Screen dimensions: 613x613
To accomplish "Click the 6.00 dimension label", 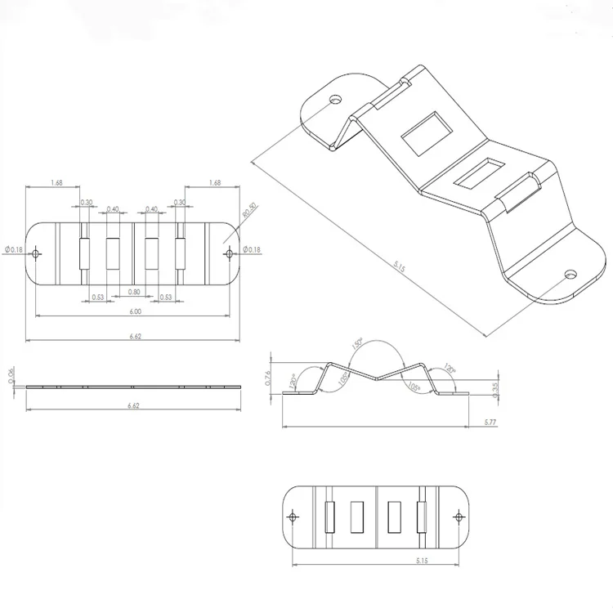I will [x=135, y=311].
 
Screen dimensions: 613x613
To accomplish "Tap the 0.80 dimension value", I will [x=135, y=292].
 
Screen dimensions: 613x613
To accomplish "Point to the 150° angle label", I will [x=357, y=346].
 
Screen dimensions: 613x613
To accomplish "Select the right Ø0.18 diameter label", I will [x=253, y=250].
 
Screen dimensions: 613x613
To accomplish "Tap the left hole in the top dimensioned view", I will [x=35, y=254].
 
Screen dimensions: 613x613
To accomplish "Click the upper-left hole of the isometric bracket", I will [x=335, y=100].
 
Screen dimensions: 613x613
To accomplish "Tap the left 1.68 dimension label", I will [x=57, y=183].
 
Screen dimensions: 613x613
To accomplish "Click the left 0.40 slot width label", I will [x=113, y=209].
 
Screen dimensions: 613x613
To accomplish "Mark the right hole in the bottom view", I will [x=460, y=517].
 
